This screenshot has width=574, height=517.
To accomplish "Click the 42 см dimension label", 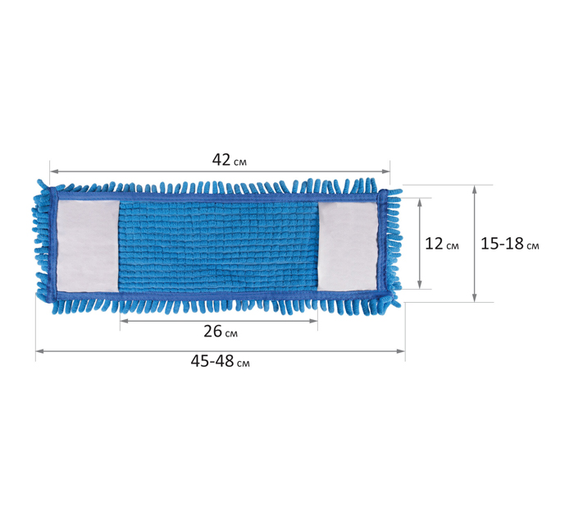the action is (229, 160).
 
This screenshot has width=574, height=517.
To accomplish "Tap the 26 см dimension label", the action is (221, 332).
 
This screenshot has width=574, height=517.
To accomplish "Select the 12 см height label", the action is (441, 244).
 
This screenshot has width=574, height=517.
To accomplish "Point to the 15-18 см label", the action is (509, 244).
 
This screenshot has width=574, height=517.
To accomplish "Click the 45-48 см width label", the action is (220, 361).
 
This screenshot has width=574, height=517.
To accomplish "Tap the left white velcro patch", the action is (88, 246).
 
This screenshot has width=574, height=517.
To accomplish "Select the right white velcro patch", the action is (347, 246).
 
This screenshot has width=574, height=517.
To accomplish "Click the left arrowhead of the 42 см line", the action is (54, 172).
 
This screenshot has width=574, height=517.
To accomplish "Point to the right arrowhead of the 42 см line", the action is (385, 172).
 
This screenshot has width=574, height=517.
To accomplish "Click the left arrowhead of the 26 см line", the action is (125, 321).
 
